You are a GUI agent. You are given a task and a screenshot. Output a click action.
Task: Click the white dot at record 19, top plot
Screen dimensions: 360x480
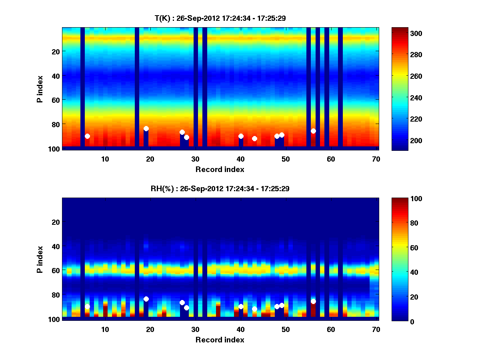(146, 128)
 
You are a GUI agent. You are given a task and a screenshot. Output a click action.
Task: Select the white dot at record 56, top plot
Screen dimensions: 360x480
(313, 131)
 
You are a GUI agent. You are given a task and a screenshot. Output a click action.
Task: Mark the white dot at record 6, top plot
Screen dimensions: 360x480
(87, 136)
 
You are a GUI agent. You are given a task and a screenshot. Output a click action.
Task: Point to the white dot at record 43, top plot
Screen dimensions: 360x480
(254, 138)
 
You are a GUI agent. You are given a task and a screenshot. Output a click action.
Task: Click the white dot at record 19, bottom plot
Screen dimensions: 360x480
(146, 299)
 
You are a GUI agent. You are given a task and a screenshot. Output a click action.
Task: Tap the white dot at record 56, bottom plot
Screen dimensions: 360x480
(313, 301)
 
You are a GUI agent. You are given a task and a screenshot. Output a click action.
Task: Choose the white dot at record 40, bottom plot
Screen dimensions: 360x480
(241, 306)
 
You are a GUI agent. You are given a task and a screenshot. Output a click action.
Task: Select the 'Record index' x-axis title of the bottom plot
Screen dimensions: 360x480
(220, 340)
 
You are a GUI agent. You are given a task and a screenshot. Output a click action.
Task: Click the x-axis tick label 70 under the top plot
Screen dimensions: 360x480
(376, 158)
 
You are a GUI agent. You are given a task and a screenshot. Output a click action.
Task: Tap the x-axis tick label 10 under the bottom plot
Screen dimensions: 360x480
(105, 329)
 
